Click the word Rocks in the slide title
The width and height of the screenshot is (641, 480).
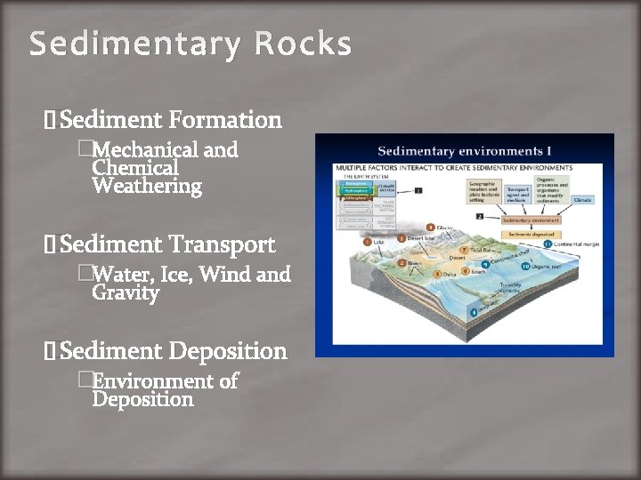[304, 44]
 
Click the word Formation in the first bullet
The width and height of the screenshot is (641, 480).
[225, 119]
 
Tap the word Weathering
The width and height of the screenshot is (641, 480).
[147, 186]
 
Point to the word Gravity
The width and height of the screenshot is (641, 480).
[126, 292]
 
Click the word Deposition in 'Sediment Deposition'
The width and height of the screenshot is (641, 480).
[228, 351]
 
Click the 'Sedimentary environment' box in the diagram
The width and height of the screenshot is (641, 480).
[531, 220]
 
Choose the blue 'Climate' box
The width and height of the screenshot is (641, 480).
[581, 200]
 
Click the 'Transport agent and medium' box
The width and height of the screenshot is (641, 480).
[517, 195]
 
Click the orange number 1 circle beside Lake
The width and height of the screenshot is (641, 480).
[368, 242]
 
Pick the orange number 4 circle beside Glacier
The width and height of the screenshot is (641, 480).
[431, 228]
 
